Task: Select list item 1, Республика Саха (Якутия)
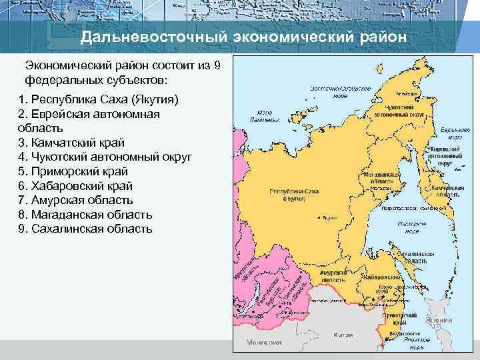coord(99,99)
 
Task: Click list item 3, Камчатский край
coord(72,143)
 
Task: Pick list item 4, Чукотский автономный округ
coord(106,157)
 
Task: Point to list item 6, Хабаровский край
coord(76,186)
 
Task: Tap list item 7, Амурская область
coord(76,200)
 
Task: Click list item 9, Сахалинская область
coord(86,229)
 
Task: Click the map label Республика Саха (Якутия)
coord(293,194)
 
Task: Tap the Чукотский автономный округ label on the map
coord(399,111)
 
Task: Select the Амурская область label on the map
coord(333,277)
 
